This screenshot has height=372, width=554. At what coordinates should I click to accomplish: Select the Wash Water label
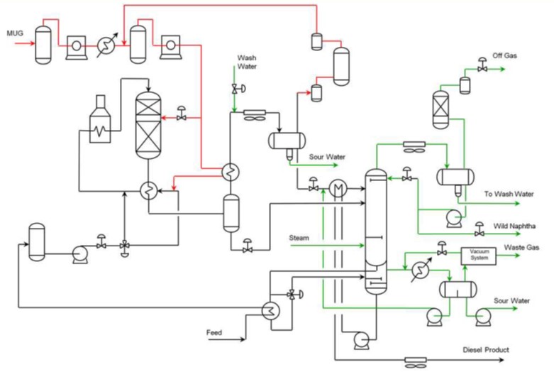coord(246,61)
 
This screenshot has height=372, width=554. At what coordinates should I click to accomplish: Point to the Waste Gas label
coord(521,247)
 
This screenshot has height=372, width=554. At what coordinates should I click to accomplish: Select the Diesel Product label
coord(487,349)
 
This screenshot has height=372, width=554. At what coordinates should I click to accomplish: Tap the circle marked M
coord(337,187)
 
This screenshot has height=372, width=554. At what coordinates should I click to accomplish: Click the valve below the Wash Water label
coord(234,89)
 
